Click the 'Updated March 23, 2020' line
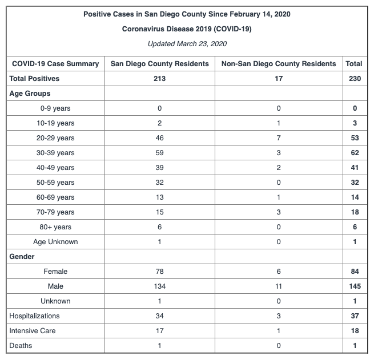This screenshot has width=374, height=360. click(187, 43)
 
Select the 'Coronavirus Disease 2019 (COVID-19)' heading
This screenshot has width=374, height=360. click(187, 29)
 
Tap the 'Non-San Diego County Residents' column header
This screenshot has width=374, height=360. click(278, 64)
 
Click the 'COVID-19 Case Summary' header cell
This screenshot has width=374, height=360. click(55, 64)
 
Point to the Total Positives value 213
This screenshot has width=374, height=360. click(159, 79)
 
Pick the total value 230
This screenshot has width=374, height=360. click(355, 79)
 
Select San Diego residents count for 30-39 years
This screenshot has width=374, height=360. click(159, 153)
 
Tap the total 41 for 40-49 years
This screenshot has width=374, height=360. click(355, 168)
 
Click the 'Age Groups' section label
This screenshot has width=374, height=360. click(30, 94)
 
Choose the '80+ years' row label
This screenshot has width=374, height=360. click(55, 227)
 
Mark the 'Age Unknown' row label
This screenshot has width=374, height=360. click(55, 242)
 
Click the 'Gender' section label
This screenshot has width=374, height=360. click(22, 257)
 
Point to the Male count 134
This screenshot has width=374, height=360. click(159, 286)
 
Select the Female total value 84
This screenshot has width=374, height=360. click(355, 272)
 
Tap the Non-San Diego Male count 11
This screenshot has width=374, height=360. click(278, 286)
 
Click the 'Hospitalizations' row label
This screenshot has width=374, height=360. click(34, 316)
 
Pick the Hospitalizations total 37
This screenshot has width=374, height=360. click(355, 316)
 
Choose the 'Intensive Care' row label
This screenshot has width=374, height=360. click(32, 331)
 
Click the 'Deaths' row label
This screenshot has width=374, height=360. click(21, 346)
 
